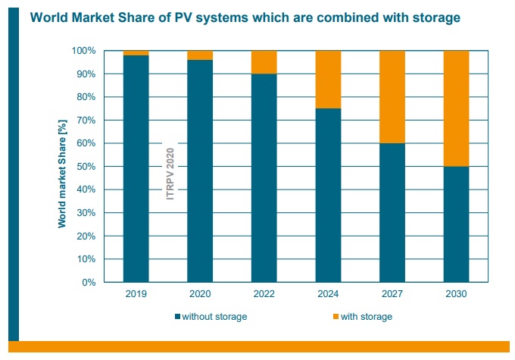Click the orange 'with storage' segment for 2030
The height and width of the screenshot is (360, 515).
pyautogui.click(x=456, y=108)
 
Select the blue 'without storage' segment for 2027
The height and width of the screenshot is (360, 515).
pyautogui.click(x=392, y=212)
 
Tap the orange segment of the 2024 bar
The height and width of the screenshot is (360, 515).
pyautogui.click(x=328, y=80)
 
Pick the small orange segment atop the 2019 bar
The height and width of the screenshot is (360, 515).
pyautogui.click(x=136, y=53)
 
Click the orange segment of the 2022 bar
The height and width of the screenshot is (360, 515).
pyautogui.click(x=264, y=62)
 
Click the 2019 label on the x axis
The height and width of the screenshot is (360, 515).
pyautogui.click(x=136, y=293)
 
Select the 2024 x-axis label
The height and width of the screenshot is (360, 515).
pyautogui.click(x=328, y=293)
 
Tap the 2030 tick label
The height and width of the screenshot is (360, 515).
pyautogui.click(x=456, y=293)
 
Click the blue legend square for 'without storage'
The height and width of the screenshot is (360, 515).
pyautogui.click(x=177, y=316)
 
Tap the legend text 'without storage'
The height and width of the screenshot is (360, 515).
pyautogui.click(x=215, y=316)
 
